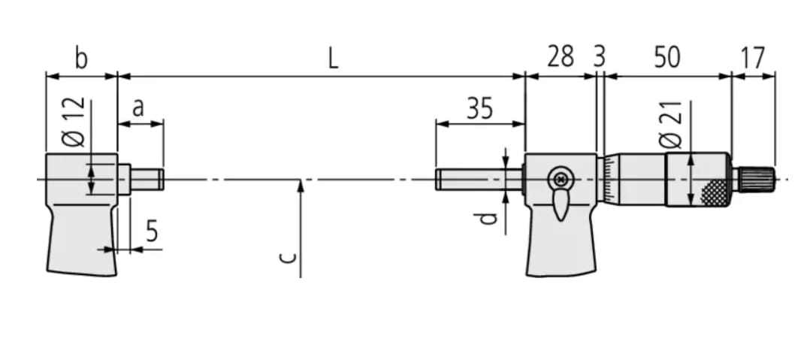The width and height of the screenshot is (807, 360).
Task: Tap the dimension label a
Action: point(138,108)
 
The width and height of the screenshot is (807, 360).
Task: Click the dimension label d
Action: point(489,218)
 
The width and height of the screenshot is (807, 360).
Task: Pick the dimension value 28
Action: point(560,57)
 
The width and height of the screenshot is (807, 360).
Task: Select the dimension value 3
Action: point(599,58)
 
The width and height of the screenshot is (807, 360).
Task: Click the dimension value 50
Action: point(666,57)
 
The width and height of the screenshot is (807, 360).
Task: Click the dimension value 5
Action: point(152,232)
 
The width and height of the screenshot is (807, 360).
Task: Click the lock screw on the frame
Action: point(559,179)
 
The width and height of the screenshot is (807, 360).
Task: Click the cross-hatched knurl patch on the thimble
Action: point(714,193)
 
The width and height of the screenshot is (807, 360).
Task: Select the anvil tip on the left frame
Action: point(147,179)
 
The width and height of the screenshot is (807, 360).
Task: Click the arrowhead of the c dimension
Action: point(300,184)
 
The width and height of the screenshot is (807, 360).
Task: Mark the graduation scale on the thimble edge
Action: point(605,180)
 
